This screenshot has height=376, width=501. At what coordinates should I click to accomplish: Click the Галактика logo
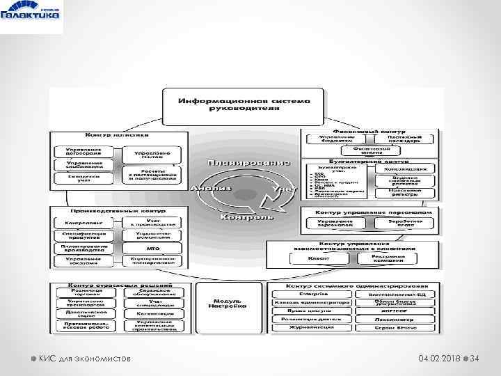pyautogui.click(x=32, y=16)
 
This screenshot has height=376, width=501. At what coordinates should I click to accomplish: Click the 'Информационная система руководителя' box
pyautogui.click(x=243, y=104)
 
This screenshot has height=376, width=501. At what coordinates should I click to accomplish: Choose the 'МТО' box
pyautogui.click(x=153, y=247)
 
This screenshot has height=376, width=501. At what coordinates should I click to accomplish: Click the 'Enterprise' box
pyautogui.click(x=319, y=294)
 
